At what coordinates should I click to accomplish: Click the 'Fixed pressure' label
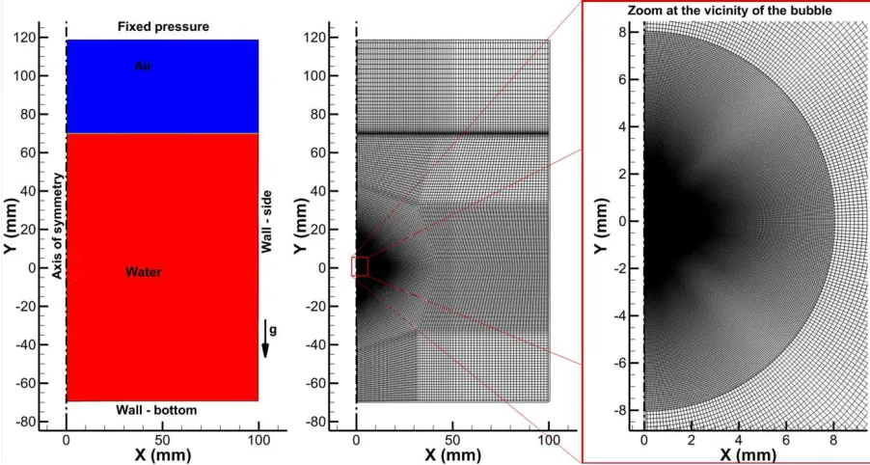[x=164, y=26]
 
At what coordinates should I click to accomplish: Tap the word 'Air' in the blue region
[x=143, y=67]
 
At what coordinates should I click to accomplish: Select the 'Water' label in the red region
[x=143, y=272]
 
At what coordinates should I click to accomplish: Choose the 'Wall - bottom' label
[x=156, y=411]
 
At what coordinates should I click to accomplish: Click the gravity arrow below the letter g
[x=265, y=339]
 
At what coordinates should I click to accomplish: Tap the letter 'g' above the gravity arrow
[x=272, y=331]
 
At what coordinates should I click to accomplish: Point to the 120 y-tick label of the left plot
[x=43, y=38]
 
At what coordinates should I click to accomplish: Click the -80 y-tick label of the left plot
[x=42, y=423]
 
